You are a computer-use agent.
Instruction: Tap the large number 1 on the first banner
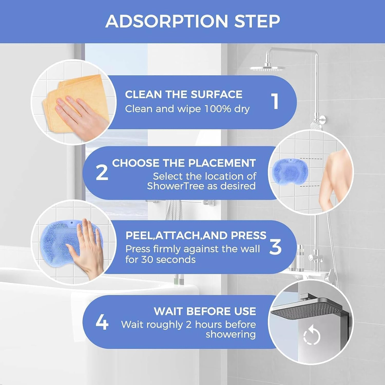(275, 101)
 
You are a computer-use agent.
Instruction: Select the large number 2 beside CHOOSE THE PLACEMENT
(102, 173)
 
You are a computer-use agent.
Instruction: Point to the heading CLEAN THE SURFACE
(184, 94)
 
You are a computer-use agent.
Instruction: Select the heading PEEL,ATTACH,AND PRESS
(196, 235)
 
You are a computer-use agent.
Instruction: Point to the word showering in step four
(230, 334)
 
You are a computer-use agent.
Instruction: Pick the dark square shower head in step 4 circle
(303, 309)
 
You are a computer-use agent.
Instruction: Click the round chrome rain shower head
(267, 68)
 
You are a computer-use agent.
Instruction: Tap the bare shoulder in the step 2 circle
(336, 164)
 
